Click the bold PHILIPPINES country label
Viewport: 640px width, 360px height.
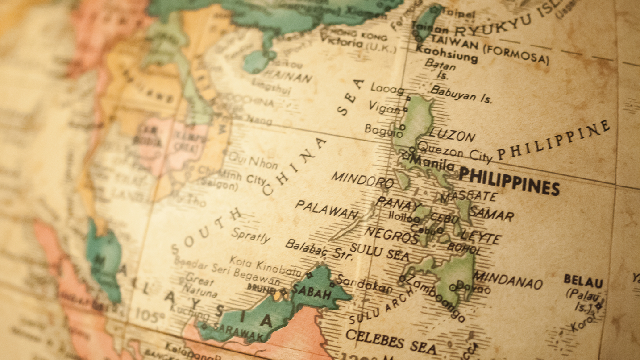coord(509,180)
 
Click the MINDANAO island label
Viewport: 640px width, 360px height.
coord(507,280)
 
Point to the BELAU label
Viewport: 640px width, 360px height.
coord(583,281)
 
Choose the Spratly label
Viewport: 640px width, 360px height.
coord(251,235)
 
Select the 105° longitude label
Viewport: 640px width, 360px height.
coord(150,315)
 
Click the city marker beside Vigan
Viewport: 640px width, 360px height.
coord(405,108)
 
